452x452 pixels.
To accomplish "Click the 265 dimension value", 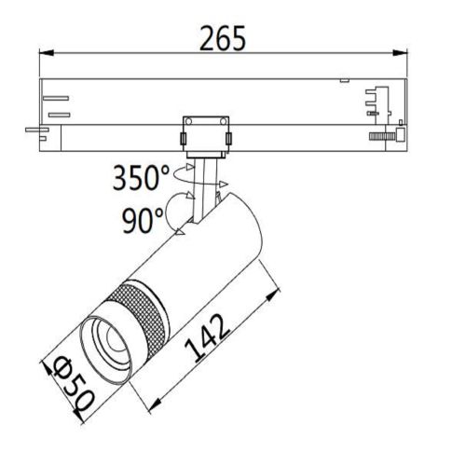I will [x=224, y=38].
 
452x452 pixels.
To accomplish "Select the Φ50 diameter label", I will [x=71, y=381].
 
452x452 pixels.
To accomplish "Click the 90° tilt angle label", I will [x=142, y=220].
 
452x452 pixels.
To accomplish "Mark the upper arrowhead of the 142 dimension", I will [x=274, y=292].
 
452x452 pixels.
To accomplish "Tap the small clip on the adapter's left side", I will [x=183, y=140].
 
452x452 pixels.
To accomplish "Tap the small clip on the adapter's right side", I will [x=228, y=140].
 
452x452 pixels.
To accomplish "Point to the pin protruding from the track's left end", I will [x=34, y=129].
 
